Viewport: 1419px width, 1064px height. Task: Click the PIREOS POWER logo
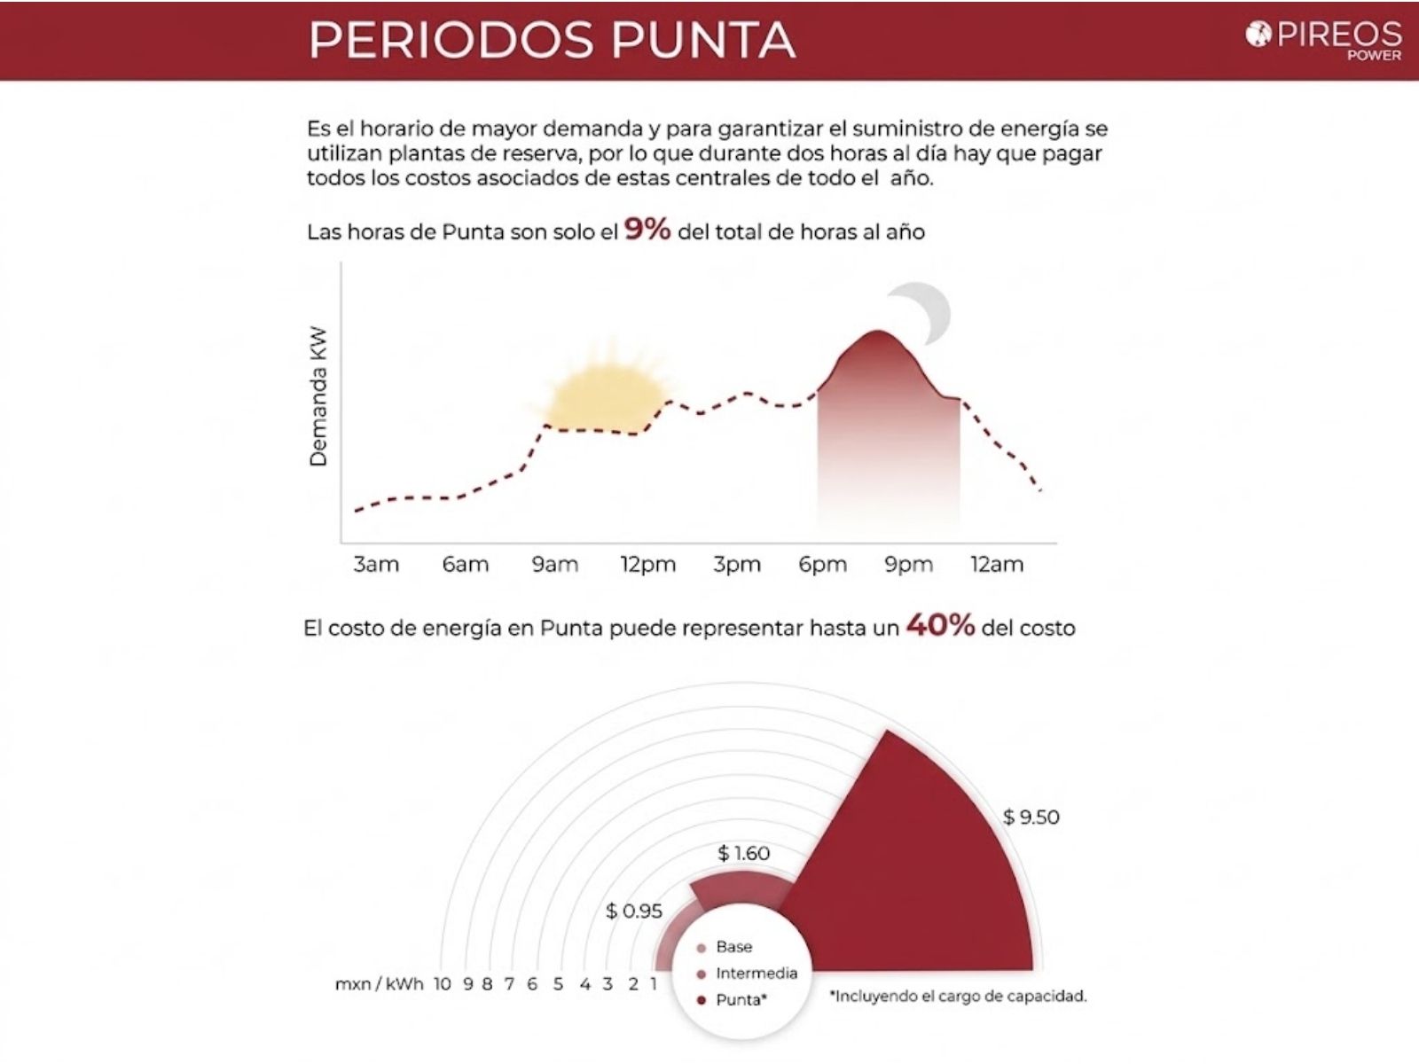[1325, 39]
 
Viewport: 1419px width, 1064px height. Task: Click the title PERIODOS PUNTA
[552, 40]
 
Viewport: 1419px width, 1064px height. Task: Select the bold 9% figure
[647, 230]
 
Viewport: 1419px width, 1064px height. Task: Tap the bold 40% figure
[939, 626]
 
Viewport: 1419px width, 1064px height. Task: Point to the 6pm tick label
[822, 565]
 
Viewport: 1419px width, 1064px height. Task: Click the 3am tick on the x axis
[376, 565]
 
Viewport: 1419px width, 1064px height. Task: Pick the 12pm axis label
[647, 565]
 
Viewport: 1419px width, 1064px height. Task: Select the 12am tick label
[997, 565]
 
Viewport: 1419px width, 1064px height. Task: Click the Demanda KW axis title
[318, 396]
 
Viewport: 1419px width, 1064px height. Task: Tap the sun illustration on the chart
[607, 383]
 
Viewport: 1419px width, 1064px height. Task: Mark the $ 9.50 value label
[1031, 817]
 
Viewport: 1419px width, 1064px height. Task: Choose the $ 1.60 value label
[744, 853]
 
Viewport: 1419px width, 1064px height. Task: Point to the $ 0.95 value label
[634, 911]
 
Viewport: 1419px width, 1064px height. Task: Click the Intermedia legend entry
[756, 974]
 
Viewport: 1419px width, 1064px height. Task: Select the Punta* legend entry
[741, 1000]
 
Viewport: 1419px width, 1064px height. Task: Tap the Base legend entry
[733, 947]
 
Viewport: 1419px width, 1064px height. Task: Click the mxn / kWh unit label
[380, 984]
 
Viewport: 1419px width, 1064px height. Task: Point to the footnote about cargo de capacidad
[958, 997]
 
